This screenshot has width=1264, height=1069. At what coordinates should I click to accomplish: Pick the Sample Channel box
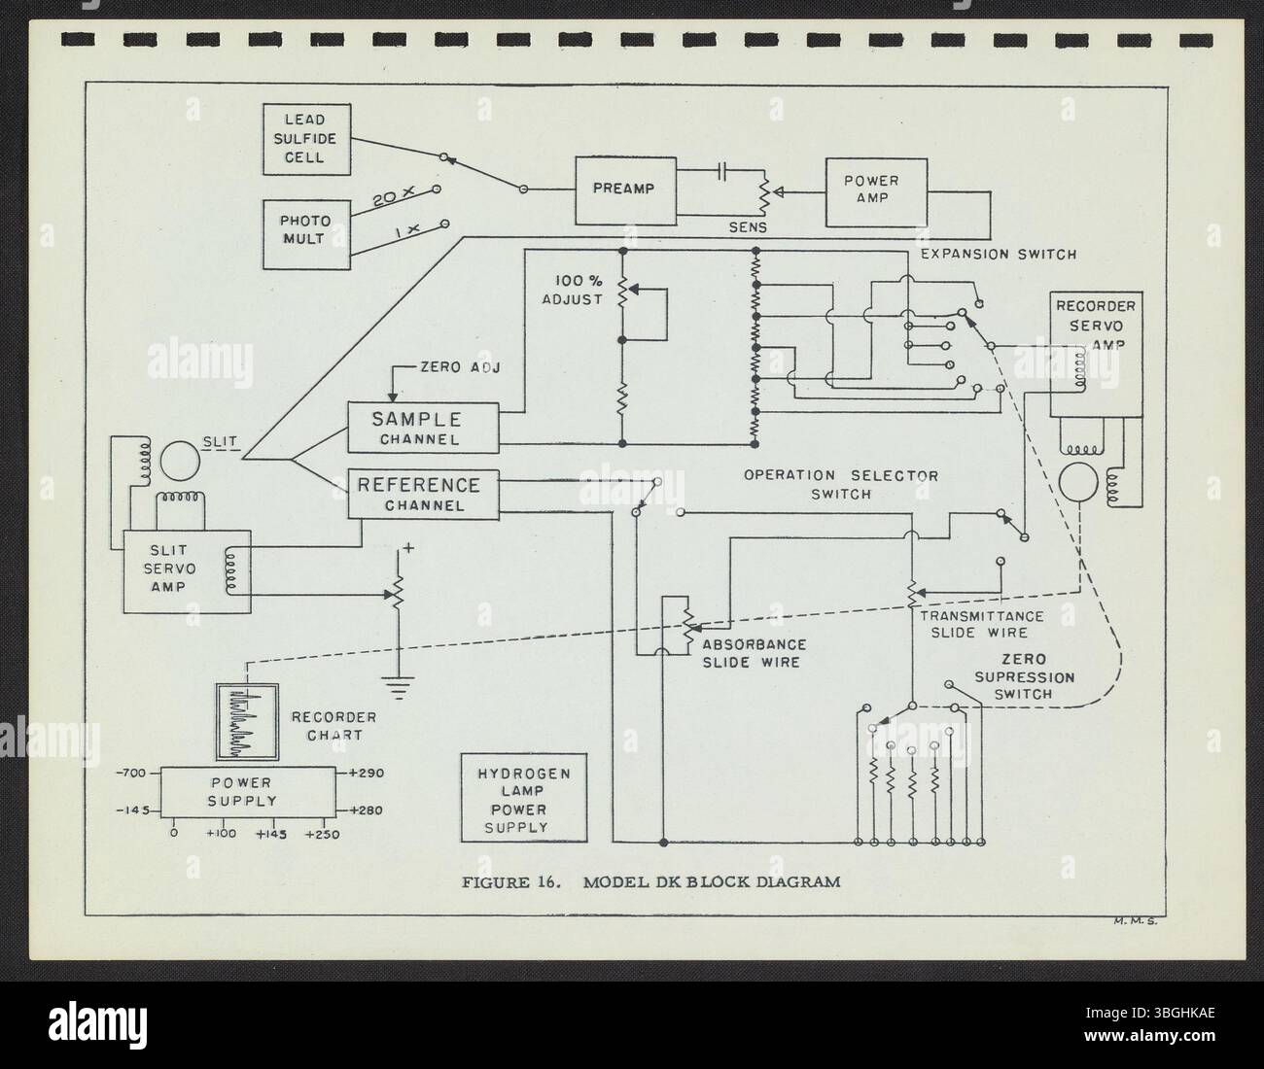point(423,428)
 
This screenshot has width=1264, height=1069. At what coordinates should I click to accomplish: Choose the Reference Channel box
point(423,493)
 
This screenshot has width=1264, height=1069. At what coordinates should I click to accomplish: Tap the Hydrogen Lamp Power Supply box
point(523,799)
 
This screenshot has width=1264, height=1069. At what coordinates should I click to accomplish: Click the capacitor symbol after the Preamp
point(721,172)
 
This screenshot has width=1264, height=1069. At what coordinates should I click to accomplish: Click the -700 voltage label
point(131,774)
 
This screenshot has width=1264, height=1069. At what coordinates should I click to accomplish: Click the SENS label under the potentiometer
point(749,226)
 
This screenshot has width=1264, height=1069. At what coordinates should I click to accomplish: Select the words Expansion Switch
point(998,255)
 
